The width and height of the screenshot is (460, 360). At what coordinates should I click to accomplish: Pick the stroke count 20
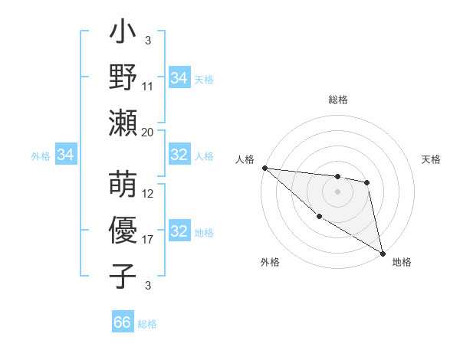[x=148, y=132]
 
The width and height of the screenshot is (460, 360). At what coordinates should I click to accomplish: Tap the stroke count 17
[x=148, y=239]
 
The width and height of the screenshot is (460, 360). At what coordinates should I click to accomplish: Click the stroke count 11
[x=148, y=87]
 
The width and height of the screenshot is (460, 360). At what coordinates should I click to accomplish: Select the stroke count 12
[x=148, y=194]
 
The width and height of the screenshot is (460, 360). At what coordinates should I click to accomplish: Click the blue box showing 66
[x=123, y=322]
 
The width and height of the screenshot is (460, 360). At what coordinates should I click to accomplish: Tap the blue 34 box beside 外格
[x=66, y=155]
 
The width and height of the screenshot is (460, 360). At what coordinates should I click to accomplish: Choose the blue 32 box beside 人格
[x=179, y=155]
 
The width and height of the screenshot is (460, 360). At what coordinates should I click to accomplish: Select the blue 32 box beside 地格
[x=179, y=231]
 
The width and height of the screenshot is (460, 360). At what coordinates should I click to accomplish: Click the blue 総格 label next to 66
[x=147, y=324]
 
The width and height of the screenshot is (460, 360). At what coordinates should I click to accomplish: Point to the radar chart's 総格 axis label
[x=338, y=100]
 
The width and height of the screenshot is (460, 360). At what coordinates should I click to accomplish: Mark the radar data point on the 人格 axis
[x=264, y=168]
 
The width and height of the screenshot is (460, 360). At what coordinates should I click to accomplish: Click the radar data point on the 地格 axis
[x=383, y=253]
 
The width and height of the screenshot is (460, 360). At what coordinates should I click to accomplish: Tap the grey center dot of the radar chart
[x=338, y=191]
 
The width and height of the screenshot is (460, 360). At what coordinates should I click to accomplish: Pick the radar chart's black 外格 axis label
[x=270, y=262]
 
